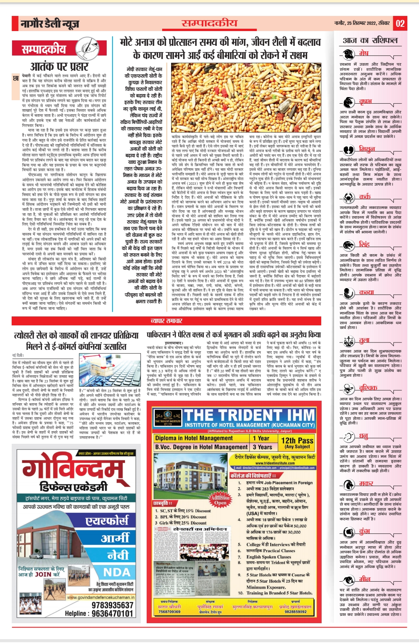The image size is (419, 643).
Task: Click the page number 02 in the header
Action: pyautogui.click(x=400, y=24)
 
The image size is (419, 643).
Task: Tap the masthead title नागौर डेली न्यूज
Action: pyautogui.click(x=50, y=24)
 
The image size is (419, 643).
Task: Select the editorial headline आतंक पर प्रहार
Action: pyautogui.click(x=59, y=66)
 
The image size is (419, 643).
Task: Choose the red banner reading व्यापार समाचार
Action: pyautogui.click(x=166, y=321)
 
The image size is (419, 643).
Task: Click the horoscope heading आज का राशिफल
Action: pyautogui.click(x=370, y=40)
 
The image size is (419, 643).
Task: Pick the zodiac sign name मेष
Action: pyautogui.click(x=364, y=53)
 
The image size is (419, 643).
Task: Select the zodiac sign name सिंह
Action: pyautogui.click(x=364, y=244)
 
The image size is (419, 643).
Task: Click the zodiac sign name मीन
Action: pyautogui.click(x=365, y=579)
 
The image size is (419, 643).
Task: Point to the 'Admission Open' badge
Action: pyautogui.click(x=220, y=499)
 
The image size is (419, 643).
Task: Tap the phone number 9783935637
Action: pyautogui.click(x=112, y=605)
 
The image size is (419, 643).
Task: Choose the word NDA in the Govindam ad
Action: pyautogui.click(x=117, y=572)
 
